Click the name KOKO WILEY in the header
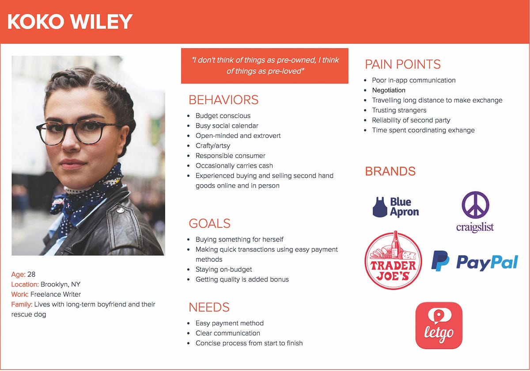(70, 22)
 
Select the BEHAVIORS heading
(223, 100)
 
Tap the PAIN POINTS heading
(403, 64)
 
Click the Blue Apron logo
(396, 207)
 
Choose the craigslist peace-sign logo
(475, 212)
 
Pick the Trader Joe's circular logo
(393, 260)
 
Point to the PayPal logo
(475, 261)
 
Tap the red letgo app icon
(439, 325)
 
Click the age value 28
(31, 274)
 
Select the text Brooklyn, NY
(61, 284)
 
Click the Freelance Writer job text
(56, 294)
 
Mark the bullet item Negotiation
(389, 90)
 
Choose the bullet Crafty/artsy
(213, 145)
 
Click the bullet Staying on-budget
(223, 269)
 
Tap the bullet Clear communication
(227, 333)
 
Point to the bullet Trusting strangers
(399, 110)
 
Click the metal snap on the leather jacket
(120, 210)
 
